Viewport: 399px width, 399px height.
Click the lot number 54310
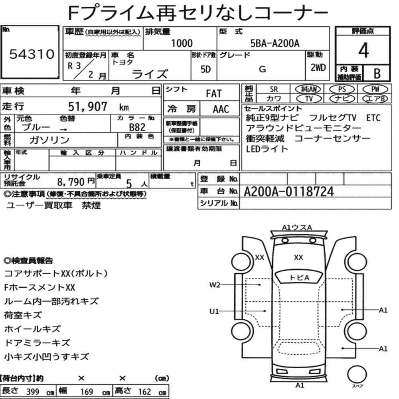point(32,54)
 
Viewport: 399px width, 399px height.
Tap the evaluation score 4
point(363,50)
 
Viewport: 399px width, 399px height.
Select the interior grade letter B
point(377,73)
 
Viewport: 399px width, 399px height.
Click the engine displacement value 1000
point(182,43)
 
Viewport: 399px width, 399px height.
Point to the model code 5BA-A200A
point(275,43)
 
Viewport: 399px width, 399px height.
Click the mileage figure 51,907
point(87,107)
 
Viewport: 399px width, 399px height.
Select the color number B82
point(137,127)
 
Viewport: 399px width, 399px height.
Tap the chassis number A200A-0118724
point(288,192)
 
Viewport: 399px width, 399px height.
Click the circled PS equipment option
point(342,89)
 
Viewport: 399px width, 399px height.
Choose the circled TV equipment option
point(309,99)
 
